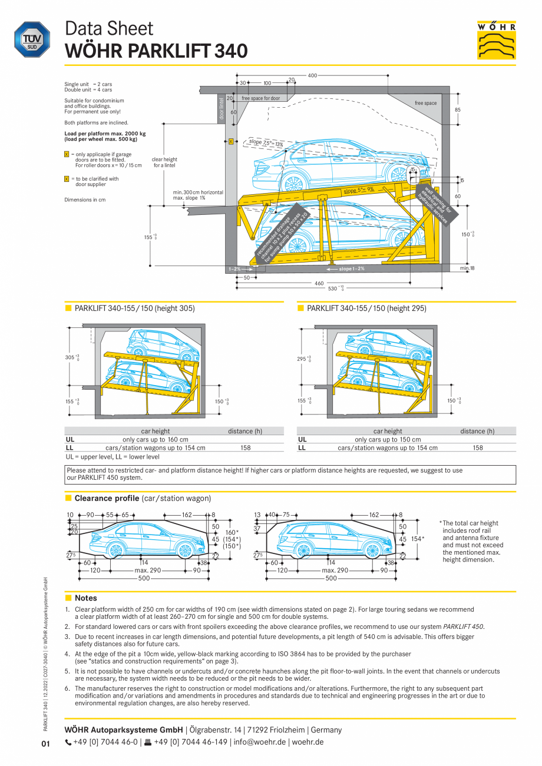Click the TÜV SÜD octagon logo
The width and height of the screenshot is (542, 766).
[32, 39]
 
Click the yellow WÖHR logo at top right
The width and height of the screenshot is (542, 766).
[496, 40]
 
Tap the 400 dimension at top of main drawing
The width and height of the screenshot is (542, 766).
[312, 75]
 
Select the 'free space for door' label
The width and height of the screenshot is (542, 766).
[260, 98]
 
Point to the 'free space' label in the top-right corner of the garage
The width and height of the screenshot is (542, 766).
[425, 103]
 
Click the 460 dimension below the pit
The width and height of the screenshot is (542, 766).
[319, 283]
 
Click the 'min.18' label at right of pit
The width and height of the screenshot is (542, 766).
[467, 268]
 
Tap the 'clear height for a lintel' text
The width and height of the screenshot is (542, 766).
[164, 163]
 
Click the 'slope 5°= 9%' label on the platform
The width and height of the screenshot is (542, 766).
[358, 190]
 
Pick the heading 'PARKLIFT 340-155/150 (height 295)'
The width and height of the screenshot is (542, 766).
[366, 309]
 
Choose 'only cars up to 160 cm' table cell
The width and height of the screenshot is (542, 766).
[156, 439]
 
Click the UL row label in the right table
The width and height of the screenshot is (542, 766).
[302, 439]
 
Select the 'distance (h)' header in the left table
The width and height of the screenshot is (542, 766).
[245, 431]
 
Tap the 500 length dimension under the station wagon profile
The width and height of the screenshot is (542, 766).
[331, 578]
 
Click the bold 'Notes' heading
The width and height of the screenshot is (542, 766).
[85, 598]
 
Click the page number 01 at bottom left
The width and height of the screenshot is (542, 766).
[46, 744]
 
